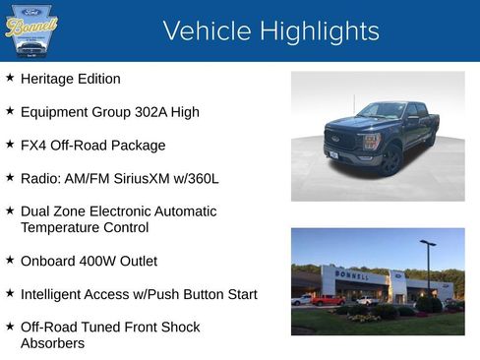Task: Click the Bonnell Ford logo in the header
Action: (31, 30)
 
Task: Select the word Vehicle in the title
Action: (207, 31)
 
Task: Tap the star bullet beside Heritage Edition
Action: (10, 78)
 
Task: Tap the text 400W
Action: (103, 262)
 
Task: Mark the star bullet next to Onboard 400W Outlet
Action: (10, 261)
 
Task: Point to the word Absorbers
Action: (52, 343)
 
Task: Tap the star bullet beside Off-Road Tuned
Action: (10, 327)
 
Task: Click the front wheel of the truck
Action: (390, 160)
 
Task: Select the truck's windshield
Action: (382, 111)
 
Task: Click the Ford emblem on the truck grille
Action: (336, 139)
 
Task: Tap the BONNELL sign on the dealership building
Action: (353, 275)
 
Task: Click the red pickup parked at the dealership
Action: (327, 300)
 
